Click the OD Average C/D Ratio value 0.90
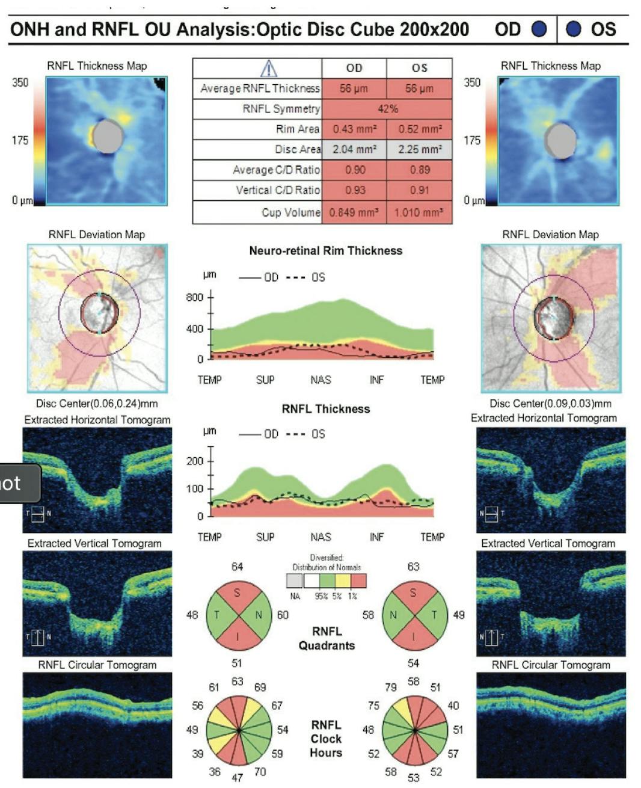[354, 170]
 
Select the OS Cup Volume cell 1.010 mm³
[419, 212]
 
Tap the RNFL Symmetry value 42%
[387, 109]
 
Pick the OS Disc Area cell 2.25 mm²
[419, 149]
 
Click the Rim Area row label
[298, 129]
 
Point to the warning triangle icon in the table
[268, 69]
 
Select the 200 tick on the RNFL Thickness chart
[195, 461]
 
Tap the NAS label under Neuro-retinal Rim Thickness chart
[320, 380]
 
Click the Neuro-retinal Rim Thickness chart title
[325, 251]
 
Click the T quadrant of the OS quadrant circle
[434, 615]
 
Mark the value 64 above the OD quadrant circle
[237, 567]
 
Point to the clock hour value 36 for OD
[215, 771]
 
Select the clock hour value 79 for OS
[390, 687]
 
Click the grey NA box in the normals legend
[295, 581]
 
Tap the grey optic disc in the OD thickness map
[108, 136]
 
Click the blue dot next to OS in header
[574, 29]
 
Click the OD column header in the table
[354, 68]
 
